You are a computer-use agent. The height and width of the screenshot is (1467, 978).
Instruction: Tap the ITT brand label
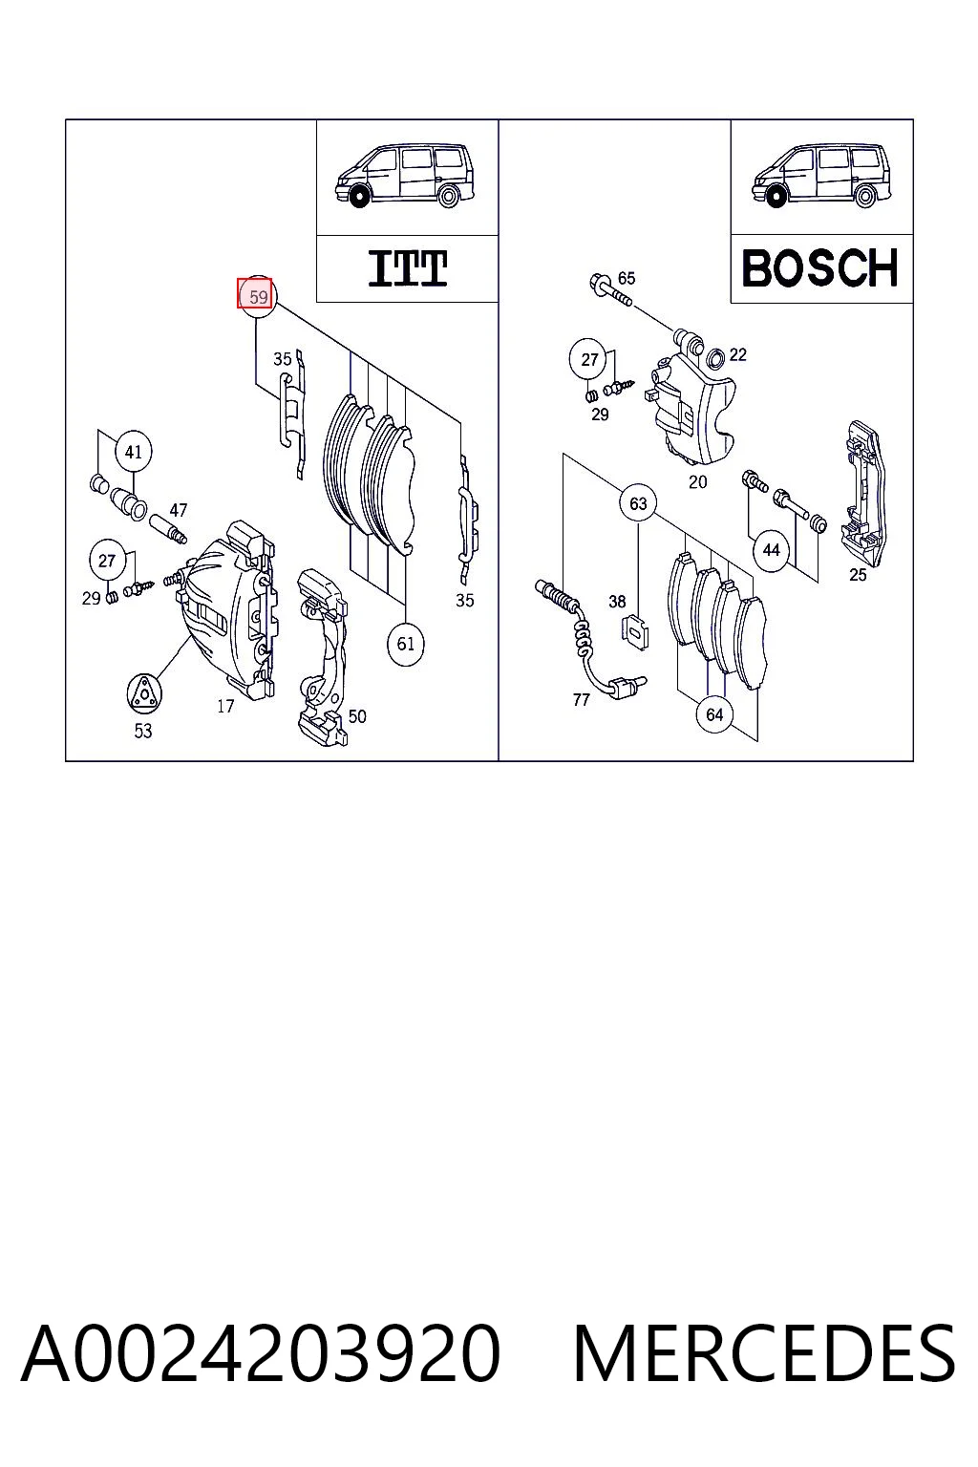tap(408, 268)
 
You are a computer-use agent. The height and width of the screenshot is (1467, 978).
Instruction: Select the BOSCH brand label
tap(819, 267)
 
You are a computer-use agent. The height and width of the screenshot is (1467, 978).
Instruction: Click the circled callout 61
tap(406, 644)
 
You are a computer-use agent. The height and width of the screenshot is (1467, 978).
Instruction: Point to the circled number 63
tap(638, 503)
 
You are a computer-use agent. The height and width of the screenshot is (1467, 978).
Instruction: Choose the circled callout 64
tap(714, 714)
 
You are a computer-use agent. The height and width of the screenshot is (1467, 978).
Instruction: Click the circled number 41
tap(133, 452)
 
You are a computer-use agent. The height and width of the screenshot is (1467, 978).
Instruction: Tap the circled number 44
tap(771, 550)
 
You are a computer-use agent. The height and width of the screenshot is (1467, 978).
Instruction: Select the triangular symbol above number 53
tap(143, 692)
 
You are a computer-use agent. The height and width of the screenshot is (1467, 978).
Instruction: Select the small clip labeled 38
tap(633, 632)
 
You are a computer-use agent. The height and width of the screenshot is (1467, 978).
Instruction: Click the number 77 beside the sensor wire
tap(581, 700)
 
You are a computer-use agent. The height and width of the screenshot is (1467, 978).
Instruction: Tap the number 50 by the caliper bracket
tap(357, 716)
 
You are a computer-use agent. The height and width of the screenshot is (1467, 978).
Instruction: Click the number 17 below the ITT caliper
tap(225, 706)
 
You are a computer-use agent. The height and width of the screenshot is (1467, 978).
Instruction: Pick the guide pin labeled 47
tap(168, 528)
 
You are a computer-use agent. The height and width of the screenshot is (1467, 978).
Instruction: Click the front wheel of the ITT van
tap(357, 196)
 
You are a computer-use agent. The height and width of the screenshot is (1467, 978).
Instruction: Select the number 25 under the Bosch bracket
tap(858, 575)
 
